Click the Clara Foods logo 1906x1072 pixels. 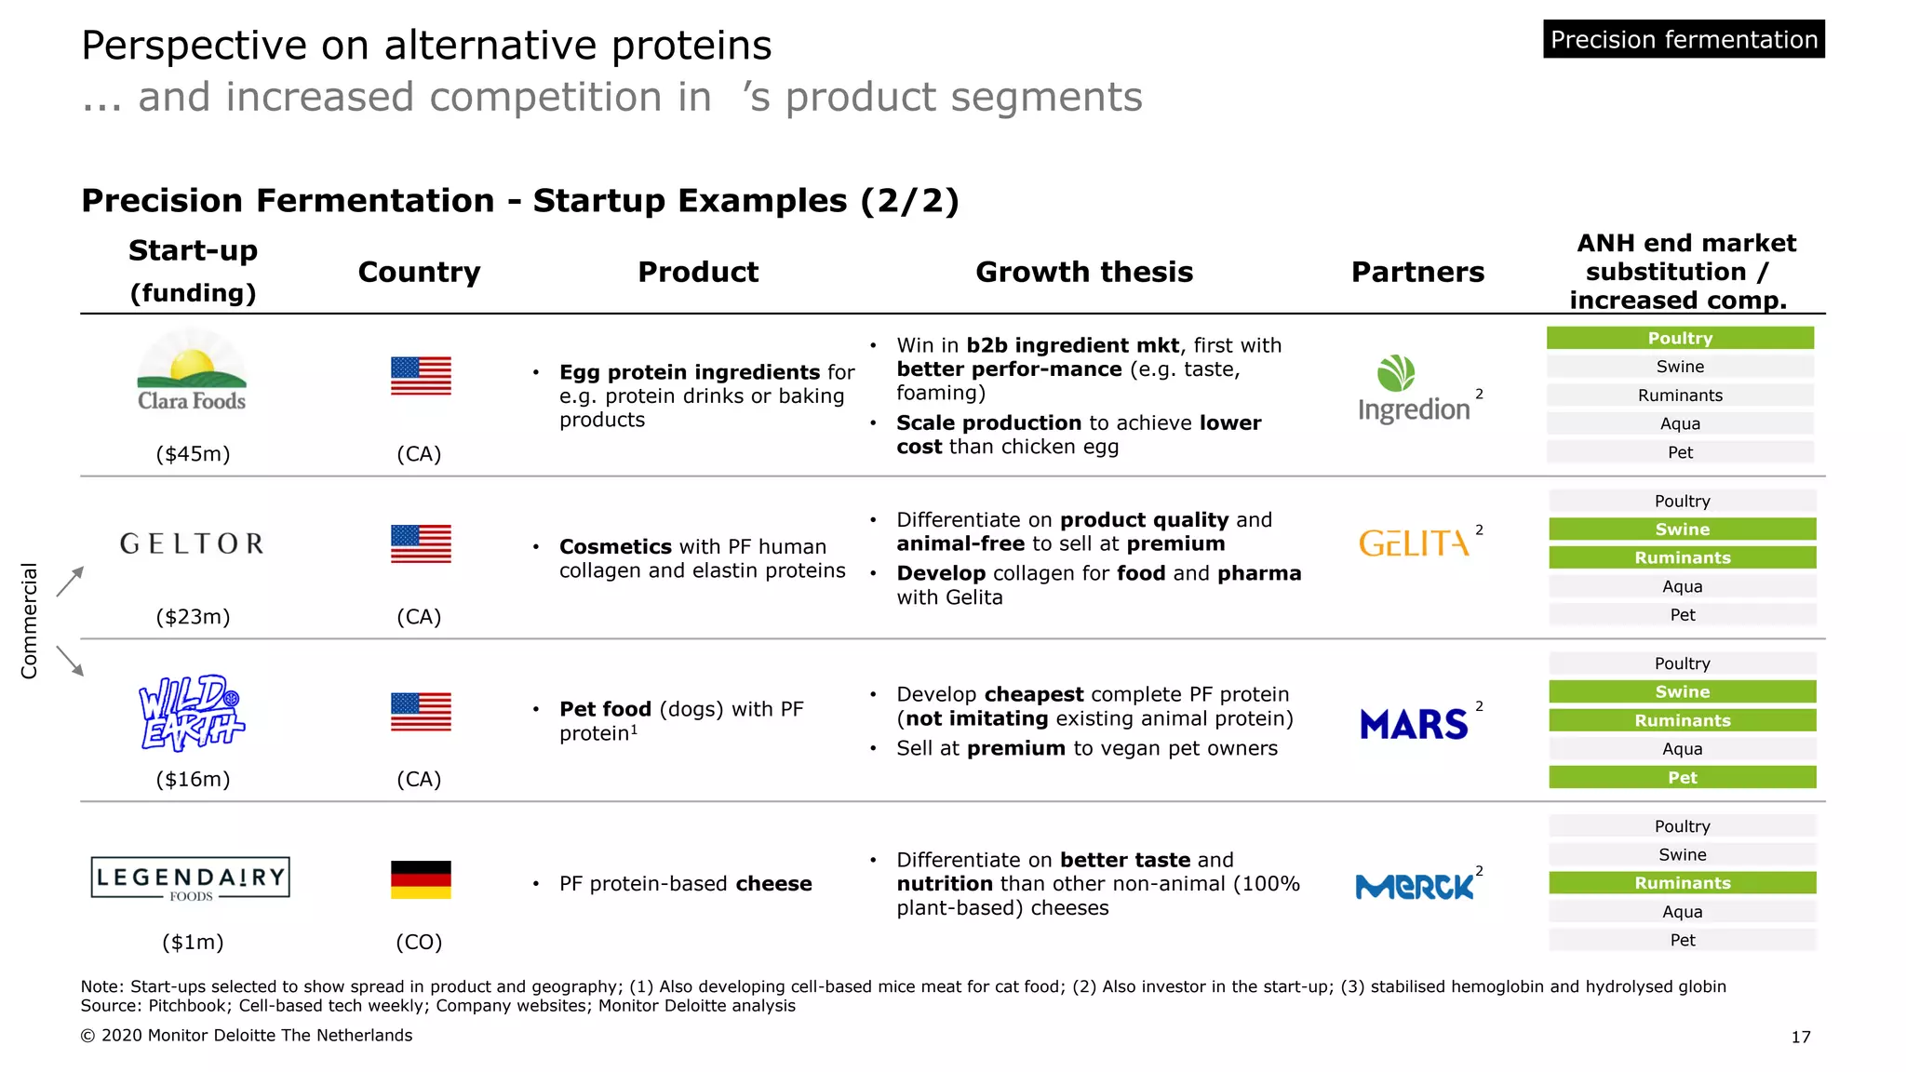point(192,372)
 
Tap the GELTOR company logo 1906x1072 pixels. point(192,543)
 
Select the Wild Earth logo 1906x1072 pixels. point(192,713)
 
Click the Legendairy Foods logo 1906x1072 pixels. point(191,878)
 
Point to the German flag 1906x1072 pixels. point(421,879)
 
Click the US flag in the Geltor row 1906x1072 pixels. point(421,543)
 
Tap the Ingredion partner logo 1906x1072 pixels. point(1414,390)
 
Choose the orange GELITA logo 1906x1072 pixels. point(1414,543)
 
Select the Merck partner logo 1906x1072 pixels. point(1415,887)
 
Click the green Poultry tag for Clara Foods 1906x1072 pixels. point(1680,338)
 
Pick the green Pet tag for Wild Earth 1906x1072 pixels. point(1682,777)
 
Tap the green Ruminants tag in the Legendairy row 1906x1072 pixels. point(1682,883)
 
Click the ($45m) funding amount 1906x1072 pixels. point(193,454)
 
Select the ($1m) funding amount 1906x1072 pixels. point(193,942)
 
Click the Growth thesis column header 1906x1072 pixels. point(1084,272)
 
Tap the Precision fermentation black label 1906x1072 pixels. point(1684,40)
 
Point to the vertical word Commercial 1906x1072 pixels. point(30,621)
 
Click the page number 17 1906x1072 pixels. point(1801,1037)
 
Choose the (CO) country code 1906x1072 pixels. point(419,942)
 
